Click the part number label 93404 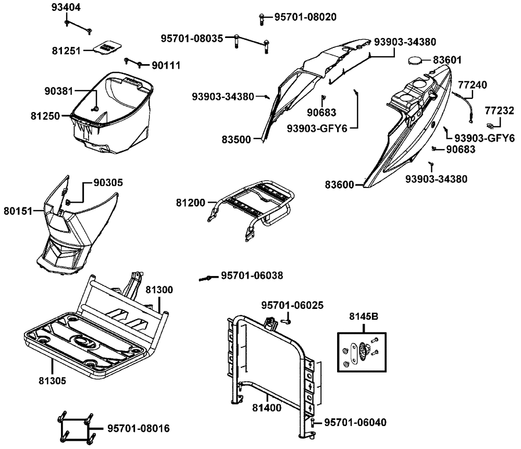[x=66, y=8]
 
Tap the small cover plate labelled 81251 [x=108, y=46]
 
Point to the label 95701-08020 [x=305, y=17]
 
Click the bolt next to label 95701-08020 [x=260, y=19]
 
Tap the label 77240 [x=472, y=84]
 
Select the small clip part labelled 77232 [x=491, y=125]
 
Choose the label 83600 [x=339, y=184]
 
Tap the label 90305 [x=108, y=183]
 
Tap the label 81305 [x=52, y=380]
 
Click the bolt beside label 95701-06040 [x=313, y=422]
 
